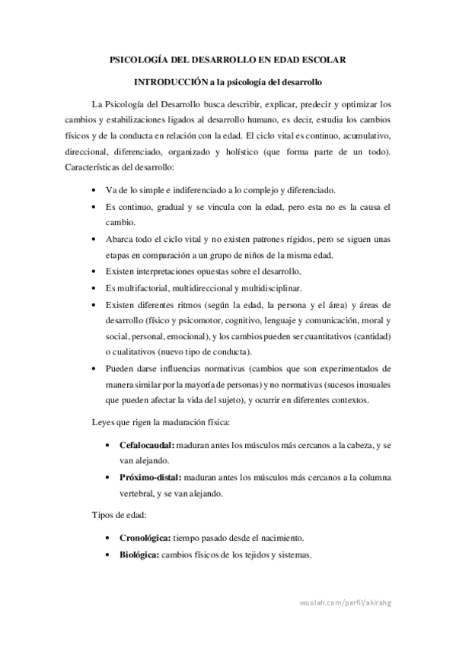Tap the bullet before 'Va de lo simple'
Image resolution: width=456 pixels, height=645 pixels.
(93, 189)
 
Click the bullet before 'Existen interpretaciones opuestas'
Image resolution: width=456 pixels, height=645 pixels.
(93, 272)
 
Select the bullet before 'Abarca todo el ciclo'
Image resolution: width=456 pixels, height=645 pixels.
(93, 239)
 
